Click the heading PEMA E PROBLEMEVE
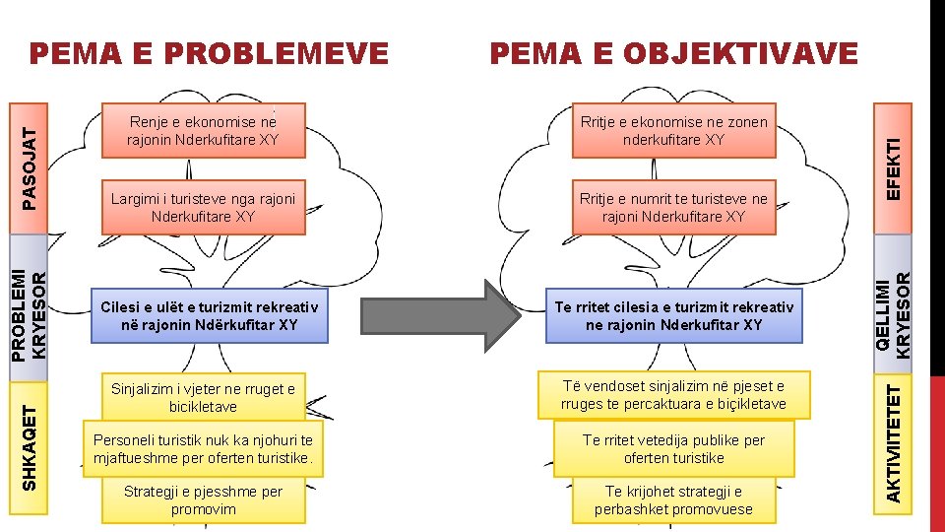[x=209, y=53]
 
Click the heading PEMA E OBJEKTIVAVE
[x=674, y=53]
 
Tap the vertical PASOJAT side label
[x=32, y=157]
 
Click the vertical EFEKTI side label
[x=893, y=157]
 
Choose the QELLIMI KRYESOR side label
[x=893, y=314]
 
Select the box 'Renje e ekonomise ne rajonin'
[x=203, y=130]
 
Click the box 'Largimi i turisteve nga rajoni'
[x=203, y=207]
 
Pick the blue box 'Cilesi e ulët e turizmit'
[x=210, y=315]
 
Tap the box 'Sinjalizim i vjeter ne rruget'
[x=203, y=397]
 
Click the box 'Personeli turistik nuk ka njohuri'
[x=203, y=449]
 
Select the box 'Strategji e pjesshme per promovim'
[x=203, y=499]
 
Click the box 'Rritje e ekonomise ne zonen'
[x=673, y=130]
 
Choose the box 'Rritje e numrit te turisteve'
[x=673, y=207]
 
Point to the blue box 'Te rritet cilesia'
[x=673, y=315]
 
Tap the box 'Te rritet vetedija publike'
[x=673, y=449]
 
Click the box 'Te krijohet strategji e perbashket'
[x=673, y=499]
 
